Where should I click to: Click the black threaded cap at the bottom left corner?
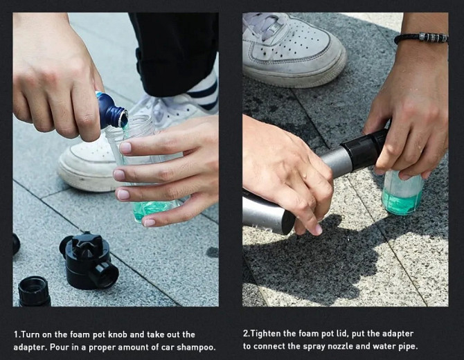coord(34,291)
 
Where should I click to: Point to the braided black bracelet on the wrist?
coord(421,39)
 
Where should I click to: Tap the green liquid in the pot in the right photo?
coord(403,201)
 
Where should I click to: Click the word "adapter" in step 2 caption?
coord(398,334)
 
